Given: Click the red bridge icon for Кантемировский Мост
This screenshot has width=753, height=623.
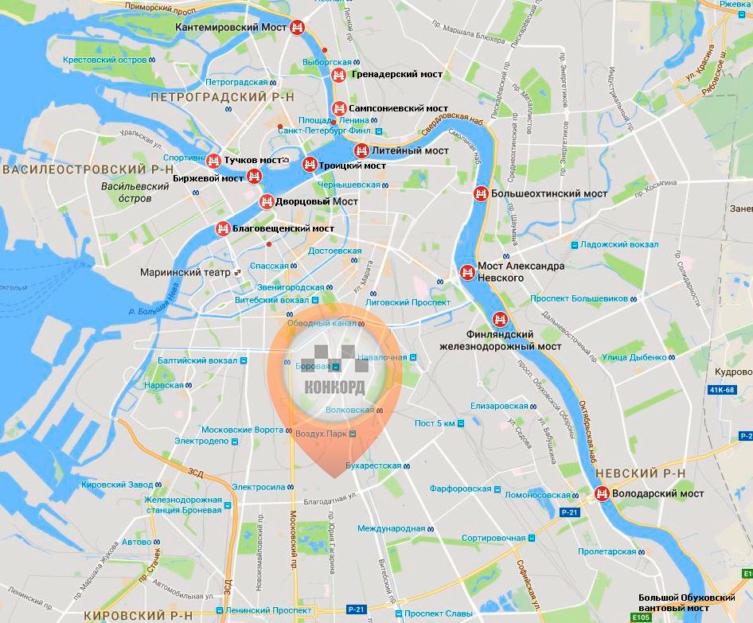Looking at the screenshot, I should click(298, 27).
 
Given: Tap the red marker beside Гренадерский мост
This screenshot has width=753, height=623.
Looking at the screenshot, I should click(338, 75).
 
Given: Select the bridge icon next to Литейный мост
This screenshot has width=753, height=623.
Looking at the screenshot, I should click(361, 150).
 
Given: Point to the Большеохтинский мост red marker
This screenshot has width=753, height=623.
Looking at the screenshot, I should click(481, 193).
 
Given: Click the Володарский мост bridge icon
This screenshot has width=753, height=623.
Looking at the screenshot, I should click(603, 494).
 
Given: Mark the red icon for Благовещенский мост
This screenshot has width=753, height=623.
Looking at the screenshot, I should click(223, 229).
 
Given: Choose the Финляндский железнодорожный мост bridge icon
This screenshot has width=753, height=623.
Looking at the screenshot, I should click(500, 320).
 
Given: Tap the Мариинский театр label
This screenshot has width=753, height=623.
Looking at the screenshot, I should click(185, 272).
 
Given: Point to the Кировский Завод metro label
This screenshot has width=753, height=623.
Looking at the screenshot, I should click(116, 485).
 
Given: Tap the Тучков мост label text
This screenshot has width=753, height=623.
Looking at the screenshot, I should click(253, 160).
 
